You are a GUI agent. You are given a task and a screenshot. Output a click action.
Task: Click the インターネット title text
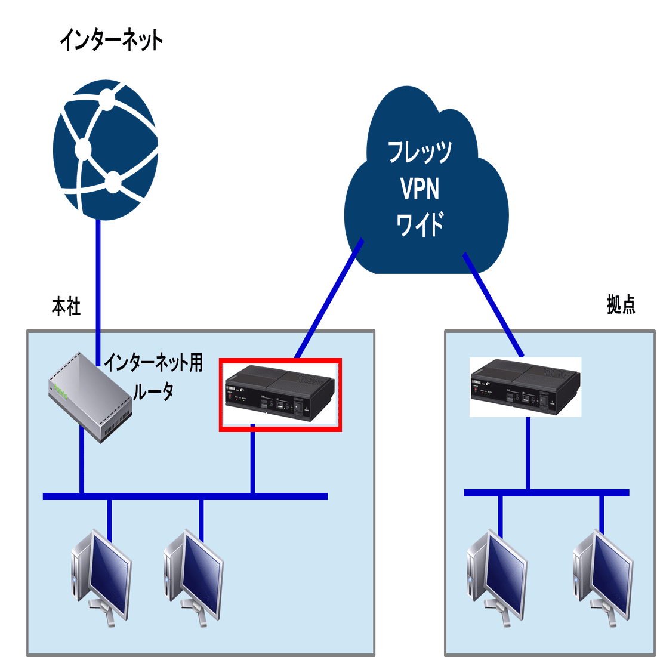point(111,41)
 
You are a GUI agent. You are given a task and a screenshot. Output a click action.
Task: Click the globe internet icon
point(106,152)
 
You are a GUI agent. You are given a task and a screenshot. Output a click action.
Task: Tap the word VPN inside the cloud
point(420,189)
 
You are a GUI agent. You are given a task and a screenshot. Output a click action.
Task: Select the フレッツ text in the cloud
point(420,152)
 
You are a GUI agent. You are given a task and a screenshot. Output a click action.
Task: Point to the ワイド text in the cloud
point(420,225)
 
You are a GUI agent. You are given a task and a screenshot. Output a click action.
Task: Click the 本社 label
point(66,307)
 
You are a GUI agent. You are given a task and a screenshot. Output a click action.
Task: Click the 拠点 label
point(621,305)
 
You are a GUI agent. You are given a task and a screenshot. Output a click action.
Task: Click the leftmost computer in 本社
point(100,576)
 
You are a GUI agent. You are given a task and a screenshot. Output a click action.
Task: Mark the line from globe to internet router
point(98,274)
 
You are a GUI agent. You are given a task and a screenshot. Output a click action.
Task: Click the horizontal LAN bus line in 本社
point(185,496)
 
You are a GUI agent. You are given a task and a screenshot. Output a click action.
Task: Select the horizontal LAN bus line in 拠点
point(546,493)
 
